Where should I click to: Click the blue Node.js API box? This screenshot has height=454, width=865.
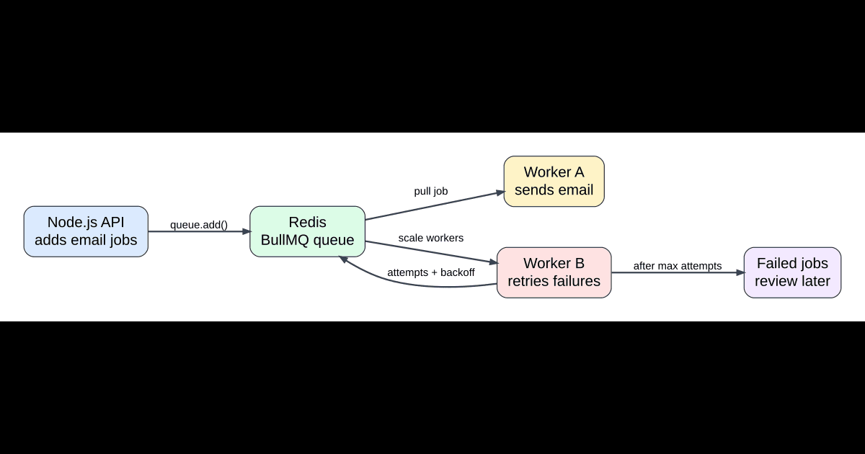pos(86,231)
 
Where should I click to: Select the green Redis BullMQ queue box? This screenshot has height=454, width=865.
pos(308,231)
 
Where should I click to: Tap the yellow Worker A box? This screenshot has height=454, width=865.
pos(554,182)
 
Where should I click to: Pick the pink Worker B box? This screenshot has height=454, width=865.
pos(554,272)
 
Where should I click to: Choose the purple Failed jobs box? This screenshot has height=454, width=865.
pos(792,272)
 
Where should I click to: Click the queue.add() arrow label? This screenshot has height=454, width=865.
pos(199,225)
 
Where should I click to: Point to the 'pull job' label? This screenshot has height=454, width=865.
pos(431,191)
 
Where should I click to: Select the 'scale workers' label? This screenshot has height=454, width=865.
pos(431,238)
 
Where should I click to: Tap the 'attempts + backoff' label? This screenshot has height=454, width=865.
pos(431,272)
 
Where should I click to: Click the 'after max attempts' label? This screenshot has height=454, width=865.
pos(678,266)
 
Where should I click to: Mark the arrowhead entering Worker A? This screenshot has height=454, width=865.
pos(499,192)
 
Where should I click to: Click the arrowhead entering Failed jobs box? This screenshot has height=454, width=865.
pos(740,273)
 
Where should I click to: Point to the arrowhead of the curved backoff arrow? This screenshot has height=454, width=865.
pos(343,259)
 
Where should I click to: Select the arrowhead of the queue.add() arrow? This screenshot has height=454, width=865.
pos(245,231)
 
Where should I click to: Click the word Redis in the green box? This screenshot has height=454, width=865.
pos(308,222)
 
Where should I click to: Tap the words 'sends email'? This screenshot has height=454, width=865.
pos(554,190)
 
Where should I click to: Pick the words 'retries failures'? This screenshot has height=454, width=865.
pos(554,281)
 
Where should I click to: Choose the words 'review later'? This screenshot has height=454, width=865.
pos(792,281)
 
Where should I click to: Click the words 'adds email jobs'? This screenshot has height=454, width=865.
pos(86,240)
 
